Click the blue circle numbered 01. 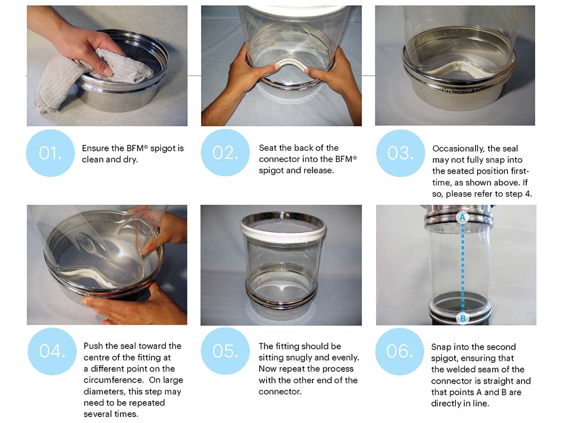50,153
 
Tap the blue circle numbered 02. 225,152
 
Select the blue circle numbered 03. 400,153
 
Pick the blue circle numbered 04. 52,351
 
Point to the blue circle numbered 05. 225,351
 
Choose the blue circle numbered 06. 400,351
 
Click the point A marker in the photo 462,217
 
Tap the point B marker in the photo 463,318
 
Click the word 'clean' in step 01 91,159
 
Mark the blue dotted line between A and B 462,267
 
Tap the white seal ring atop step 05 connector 283,229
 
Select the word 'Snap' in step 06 441,347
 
